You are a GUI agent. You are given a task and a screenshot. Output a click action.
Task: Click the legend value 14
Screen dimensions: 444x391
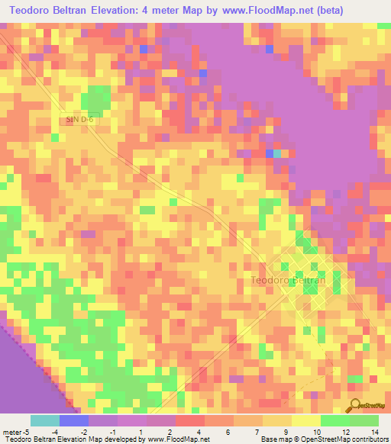tap(374, 431)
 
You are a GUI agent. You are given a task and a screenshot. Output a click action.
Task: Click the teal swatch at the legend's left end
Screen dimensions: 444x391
tap(45, 420)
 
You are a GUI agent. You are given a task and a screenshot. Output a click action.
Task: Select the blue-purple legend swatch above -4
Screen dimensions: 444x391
tap(74, 420)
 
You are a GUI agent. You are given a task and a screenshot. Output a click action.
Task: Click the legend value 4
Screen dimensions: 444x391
tap(199, 431)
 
